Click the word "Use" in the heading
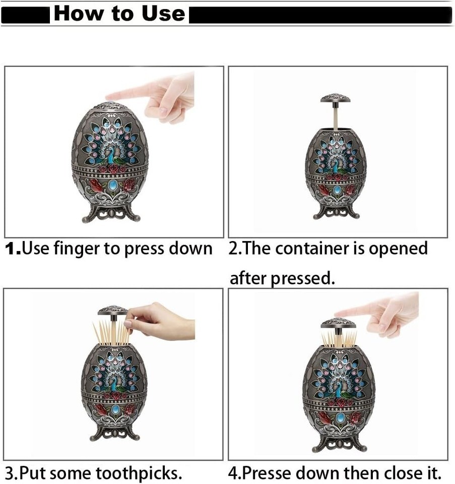click(x=163, y=14)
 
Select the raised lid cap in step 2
click(x=335, y=98)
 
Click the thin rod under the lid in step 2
click(x=335, y=115)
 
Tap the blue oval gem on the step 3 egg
click(x=115, y=409)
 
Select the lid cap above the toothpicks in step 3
click(x=112, y=310)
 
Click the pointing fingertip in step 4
click(x=338, y=314)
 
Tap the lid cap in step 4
click(x=339, y=323)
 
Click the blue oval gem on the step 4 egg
click(x=340, y=417)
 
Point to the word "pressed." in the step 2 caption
click(x=303, y=279)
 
